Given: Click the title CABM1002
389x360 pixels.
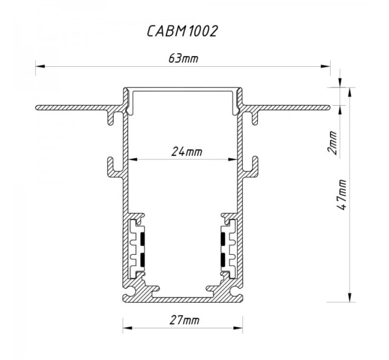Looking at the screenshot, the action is click(182, 31).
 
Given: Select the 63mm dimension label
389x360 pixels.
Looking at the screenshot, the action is click(183, 58).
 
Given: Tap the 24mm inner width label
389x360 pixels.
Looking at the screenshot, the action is click(186, 151).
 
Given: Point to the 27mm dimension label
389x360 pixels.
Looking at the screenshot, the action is click(185, 320).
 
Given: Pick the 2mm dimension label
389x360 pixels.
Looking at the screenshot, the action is click(332, 143).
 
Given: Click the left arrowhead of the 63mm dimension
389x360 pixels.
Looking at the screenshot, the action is click(40, 66).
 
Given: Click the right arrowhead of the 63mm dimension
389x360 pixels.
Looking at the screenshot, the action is click(326, 66).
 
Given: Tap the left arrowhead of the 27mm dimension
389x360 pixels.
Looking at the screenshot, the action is click(128, 328).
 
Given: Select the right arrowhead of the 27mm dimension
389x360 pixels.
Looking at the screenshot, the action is click(238, 328).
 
